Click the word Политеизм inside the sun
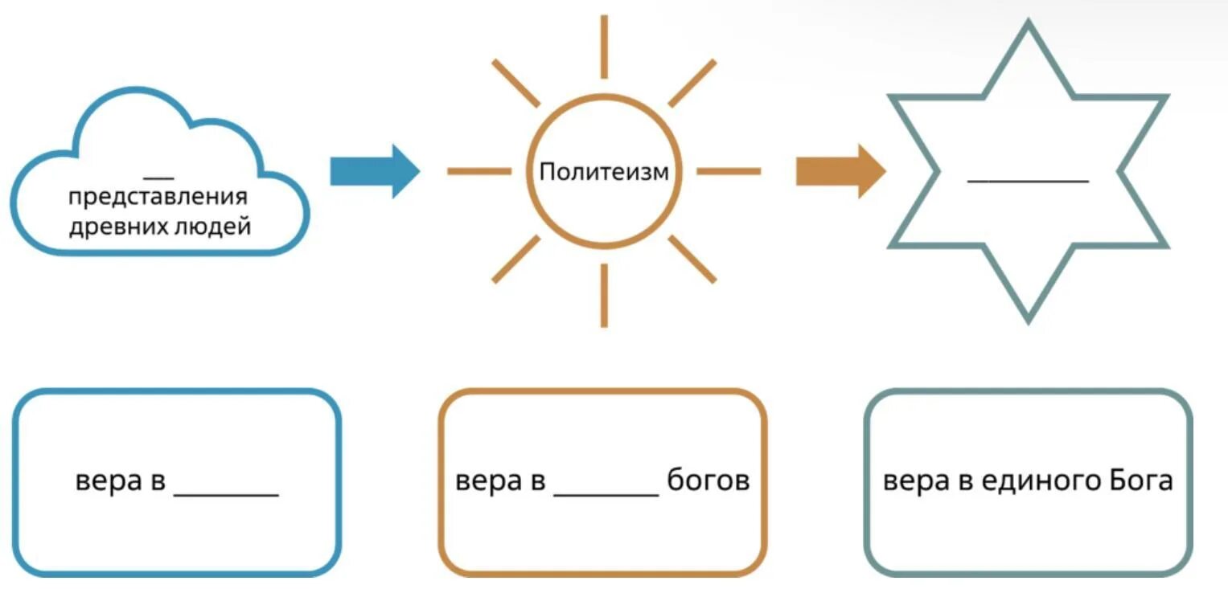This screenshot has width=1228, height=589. tap(604, 172)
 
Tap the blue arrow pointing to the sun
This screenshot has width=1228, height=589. tap(375, 171)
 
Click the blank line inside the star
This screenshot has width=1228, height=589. tap(1028, 181)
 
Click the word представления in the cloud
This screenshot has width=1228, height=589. tap(158, 198)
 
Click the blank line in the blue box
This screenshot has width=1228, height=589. tap(226, 493)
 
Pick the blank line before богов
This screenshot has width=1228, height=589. tap(606, 493)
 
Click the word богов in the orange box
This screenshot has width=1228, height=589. tap(708, 482)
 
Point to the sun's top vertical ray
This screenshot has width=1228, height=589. tap(604, 47)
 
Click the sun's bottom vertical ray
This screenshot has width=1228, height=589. tap(604, 296)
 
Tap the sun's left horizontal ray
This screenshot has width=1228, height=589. tap(479, 171)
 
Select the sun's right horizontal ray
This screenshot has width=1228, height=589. tap(728, 171)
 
